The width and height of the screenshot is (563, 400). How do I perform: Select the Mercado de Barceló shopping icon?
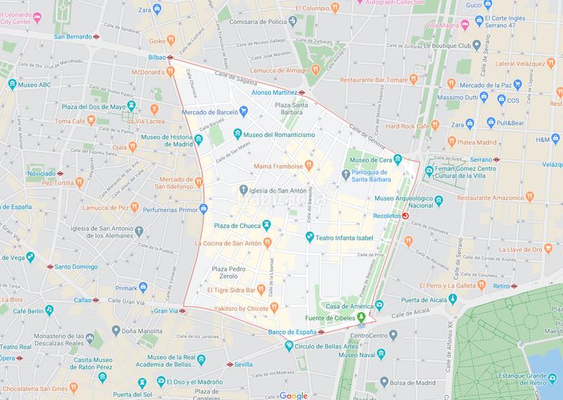(243, 110)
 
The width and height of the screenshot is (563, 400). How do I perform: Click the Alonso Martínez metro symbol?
(301, 92)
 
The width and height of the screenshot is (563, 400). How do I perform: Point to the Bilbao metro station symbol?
(170, 58)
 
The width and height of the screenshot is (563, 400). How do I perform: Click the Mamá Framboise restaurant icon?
(308, 166)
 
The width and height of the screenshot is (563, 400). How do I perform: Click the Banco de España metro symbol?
(320, 332)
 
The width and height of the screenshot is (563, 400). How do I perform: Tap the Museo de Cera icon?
(397, 158)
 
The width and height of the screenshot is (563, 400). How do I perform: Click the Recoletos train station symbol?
(403, 216)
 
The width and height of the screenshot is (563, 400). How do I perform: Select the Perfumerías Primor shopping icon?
(203, 208)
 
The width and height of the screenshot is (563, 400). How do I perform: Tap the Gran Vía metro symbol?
(182, 311)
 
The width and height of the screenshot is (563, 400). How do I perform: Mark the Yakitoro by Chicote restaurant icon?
(274, 307)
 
